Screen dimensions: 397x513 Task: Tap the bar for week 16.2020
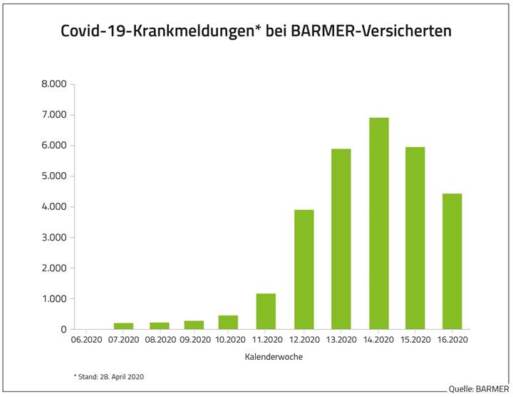pos(452,261)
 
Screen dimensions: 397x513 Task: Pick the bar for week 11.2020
pos(266,311)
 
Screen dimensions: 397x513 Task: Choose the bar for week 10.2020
pos(228,322)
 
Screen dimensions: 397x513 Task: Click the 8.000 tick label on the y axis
pos(53,84)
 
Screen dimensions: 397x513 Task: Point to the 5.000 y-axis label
pos(53,176)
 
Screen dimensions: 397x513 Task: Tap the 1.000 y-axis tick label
pos(53,299)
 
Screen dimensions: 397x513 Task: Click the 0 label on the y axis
pos(63,330)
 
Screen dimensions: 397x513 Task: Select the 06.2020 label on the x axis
pos(85,341)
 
